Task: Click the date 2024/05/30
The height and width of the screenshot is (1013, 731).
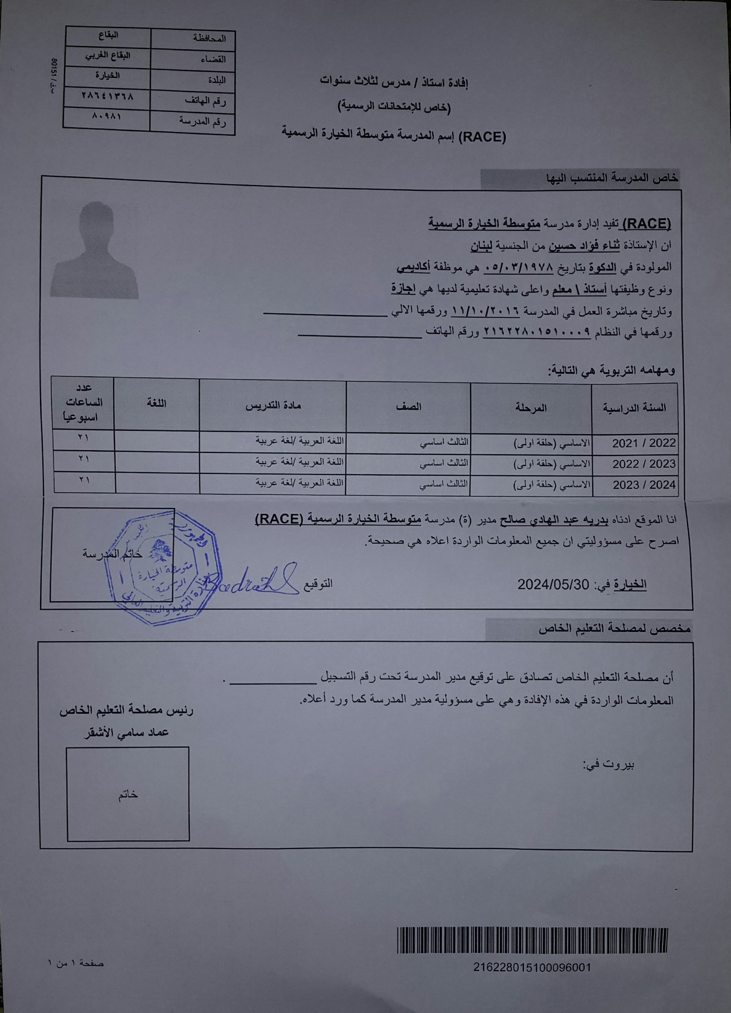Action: pos(553,585)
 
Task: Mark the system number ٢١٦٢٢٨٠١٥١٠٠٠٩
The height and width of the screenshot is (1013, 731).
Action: pos(537,332)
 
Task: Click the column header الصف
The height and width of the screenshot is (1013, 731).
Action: pos(408,407)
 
